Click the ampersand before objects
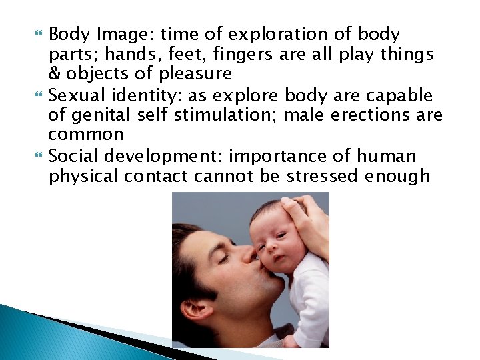pyautogui.click(x=54, y=73)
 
